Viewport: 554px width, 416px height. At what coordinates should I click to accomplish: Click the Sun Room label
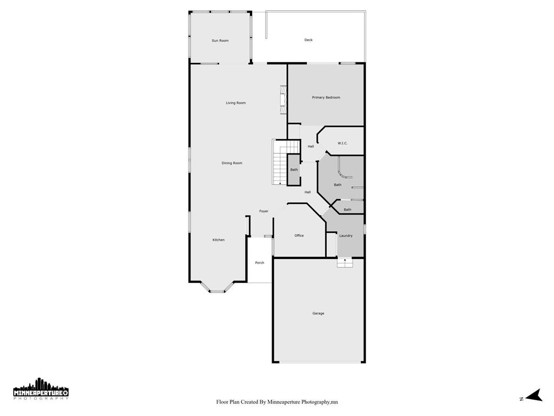click(x=220, y=41)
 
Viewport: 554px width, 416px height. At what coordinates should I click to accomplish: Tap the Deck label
click(x=308, y=40)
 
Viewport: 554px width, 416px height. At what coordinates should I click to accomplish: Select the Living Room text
click(x=236, y=103)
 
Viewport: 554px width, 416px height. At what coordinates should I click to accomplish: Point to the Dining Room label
click(x=232, y=163)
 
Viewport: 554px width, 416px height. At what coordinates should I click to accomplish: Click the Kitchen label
click(x=218, y=240)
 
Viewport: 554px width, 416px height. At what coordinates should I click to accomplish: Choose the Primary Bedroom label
click(x=326, y=97)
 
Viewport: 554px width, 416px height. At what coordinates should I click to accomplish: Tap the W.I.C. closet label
click(x=342, y=143)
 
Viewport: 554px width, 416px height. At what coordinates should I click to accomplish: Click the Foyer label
click(x=263, y=211)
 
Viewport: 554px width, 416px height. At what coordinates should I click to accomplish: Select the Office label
click(x=299, y=236)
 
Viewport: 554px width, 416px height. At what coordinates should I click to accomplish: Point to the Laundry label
click(x=346, y=236)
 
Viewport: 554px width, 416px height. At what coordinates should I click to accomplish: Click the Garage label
click(x=318, y=313)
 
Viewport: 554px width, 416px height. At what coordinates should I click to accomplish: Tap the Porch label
click(x=260, y=263)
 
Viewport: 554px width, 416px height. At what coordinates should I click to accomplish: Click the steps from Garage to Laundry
click(x=345, y=263)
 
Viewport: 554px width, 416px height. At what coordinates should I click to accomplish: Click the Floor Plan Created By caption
click(x=277, y=402)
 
